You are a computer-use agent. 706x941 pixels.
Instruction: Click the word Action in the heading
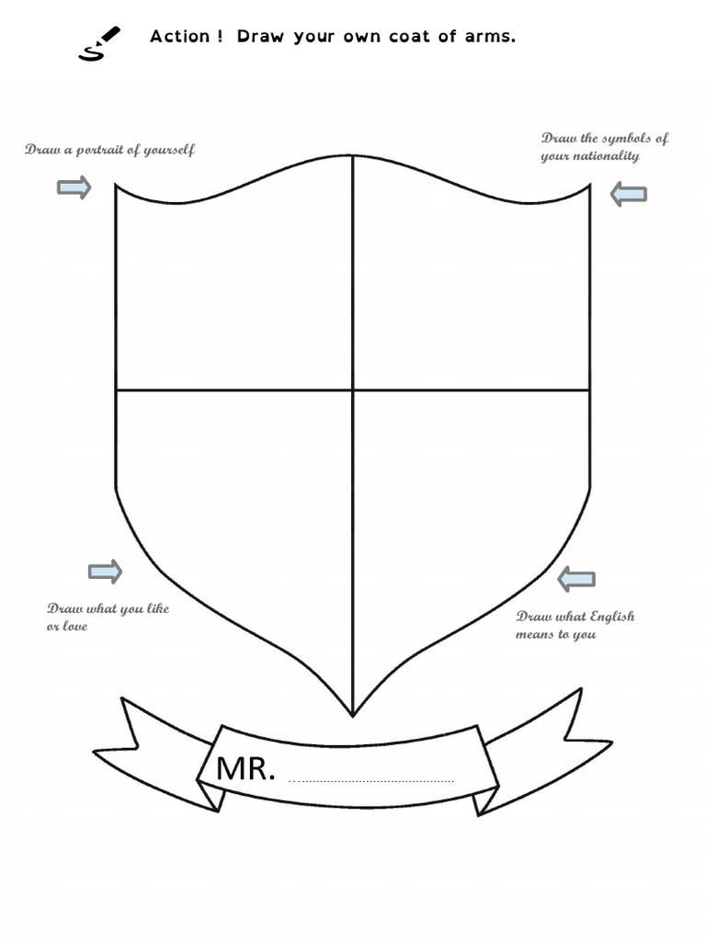pos(180,37)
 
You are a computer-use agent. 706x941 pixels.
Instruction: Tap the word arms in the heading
pos(492,37)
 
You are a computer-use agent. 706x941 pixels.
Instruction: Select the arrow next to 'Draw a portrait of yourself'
pos(74,188)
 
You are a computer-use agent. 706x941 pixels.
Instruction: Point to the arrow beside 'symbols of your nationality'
pos(629,194)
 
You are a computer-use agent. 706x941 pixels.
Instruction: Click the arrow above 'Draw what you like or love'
pos(105,572)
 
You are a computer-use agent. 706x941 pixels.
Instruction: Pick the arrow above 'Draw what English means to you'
pos(576,579)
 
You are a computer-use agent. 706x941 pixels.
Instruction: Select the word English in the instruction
pos(612,617)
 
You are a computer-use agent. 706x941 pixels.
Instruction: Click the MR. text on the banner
pos(245,769)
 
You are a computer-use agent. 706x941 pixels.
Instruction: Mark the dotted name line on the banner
pos(371,781)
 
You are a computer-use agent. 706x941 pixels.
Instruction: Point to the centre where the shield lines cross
pos(353,390)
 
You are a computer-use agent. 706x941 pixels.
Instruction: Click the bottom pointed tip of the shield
pos(353,714)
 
